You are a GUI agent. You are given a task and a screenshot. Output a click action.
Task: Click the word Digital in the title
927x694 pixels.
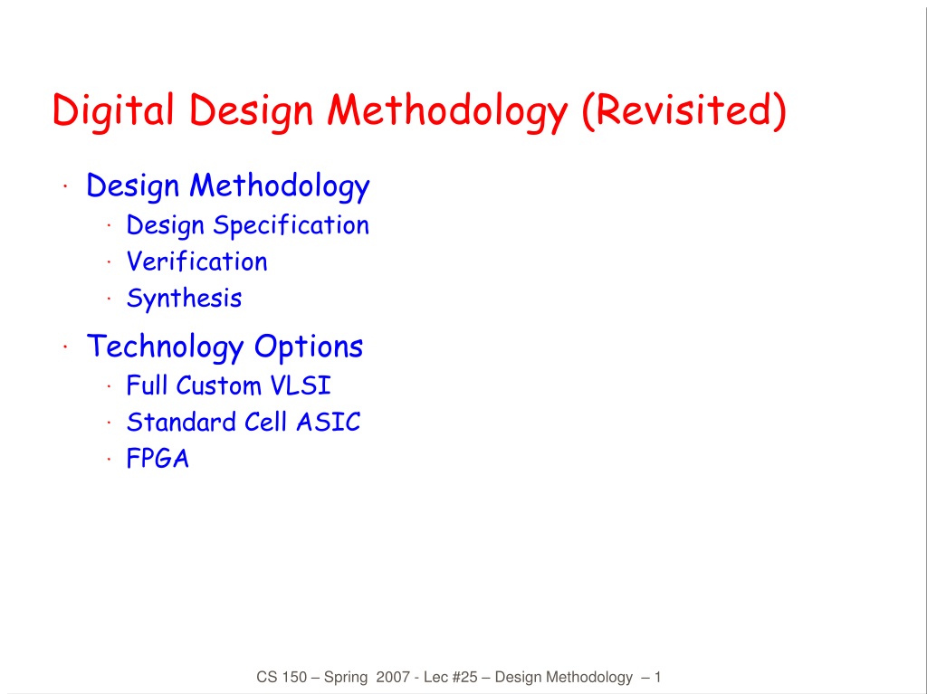tap(113, 111)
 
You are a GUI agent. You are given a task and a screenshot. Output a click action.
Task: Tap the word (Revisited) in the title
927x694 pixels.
tap(684, 110)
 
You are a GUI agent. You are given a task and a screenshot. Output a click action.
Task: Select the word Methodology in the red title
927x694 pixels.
tap(447, 111)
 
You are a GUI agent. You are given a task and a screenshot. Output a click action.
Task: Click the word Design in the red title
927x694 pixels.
tap(251, 111)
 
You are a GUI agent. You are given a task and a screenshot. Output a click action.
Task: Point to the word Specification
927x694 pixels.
tap(291, 226)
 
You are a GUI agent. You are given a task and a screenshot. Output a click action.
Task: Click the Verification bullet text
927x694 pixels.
tap(196, 261)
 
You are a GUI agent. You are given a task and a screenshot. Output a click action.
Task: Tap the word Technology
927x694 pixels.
tap(165, 347)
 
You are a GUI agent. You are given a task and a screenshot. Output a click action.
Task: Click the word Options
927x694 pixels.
tap(308, 347)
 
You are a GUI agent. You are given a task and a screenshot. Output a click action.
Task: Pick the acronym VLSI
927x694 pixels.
tap(301, 385)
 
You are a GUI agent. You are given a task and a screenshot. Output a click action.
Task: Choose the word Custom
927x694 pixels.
tap(218, 385)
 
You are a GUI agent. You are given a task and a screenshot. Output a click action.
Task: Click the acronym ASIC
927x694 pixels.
tap(328, 422)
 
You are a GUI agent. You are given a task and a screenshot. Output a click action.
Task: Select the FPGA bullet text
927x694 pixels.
tap(158, 459)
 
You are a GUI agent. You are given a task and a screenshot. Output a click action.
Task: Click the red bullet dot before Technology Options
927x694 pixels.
tap(65, 347)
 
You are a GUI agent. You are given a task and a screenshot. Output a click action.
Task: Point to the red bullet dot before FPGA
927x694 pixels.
tap(110, 459)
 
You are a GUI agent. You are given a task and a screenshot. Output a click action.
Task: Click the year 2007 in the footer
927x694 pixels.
tap(393, 677)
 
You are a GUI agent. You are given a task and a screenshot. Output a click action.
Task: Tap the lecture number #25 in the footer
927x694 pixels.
tap(464, 677)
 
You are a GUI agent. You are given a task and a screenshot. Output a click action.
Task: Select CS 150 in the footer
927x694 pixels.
tap(282, 677)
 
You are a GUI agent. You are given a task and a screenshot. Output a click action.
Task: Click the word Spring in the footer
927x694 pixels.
tap(346, 678)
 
